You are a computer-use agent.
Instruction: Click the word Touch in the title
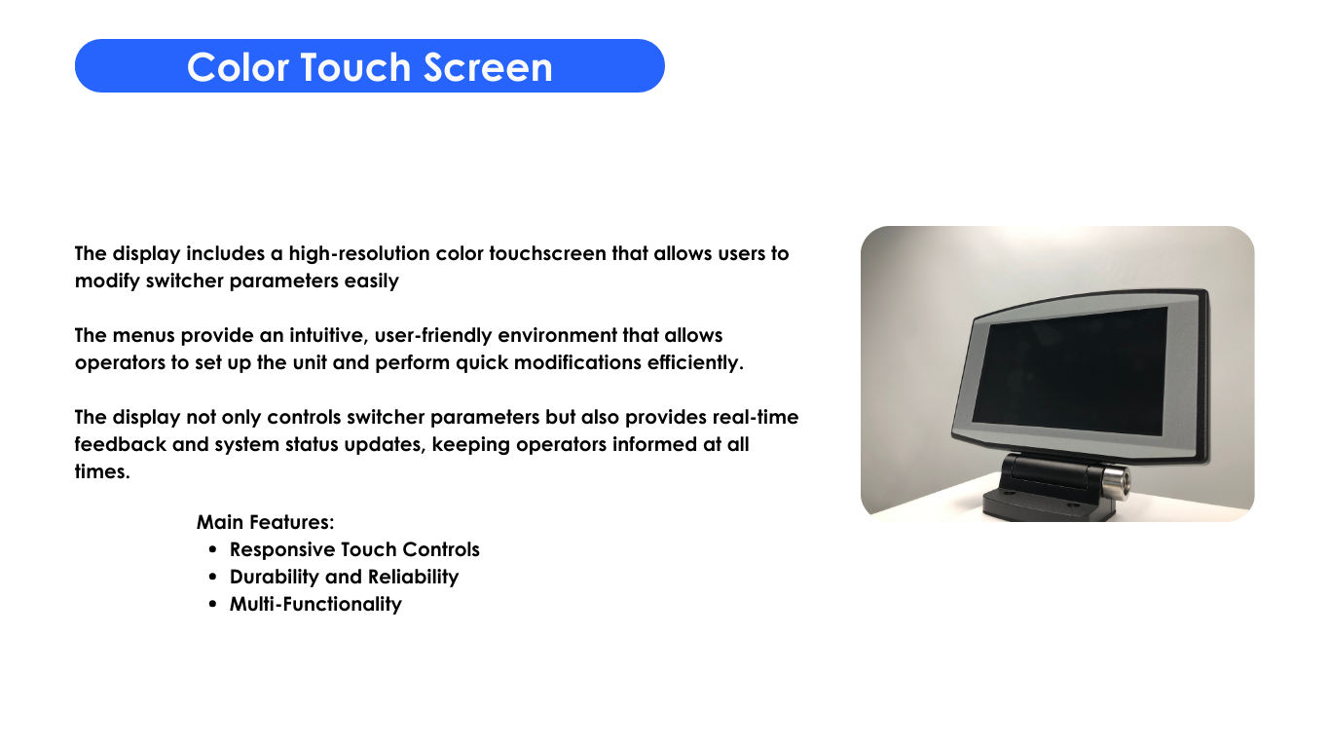pos(355,66)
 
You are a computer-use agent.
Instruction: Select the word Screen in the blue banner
pos(488,66)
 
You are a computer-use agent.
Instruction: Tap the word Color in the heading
pos(238,66)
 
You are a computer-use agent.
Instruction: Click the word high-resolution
pos(359,253)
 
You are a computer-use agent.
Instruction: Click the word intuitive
pos(328,336)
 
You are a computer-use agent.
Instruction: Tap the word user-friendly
pos(433,336)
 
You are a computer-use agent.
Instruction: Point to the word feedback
pos(121,444)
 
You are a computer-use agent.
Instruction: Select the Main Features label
pos(266,522)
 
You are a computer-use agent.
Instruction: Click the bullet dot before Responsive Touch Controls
pos(213,550)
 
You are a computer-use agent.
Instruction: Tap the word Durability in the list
pos(275,578)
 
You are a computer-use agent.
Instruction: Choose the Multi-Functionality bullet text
pos(315,605)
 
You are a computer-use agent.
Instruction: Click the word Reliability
pos(413,578)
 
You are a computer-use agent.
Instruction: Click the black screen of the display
pos(1069,371)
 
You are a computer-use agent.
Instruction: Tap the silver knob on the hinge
pos(1116,480)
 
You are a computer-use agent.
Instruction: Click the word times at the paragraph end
pos(102,471)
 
